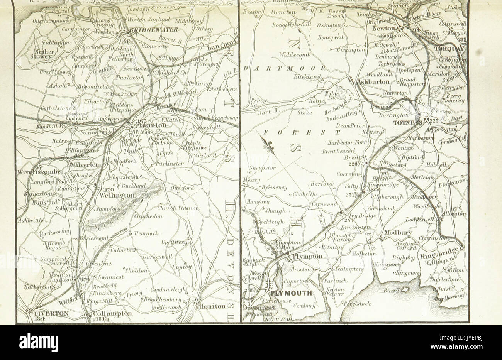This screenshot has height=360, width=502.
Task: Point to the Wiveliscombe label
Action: pyautogui.click(x=39, y=171)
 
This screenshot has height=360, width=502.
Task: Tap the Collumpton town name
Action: pyautogui.click(x=113, y=314)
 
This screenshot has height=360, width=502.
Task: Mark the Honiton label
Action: pyautogui.click(x=212, y=306)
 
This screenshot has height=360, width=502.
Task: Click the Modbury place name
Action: pyautogui.click(x=399, y=234)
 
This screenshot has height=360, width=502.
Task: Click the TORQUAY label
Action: pyautogui.click(x=450, y=49)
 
